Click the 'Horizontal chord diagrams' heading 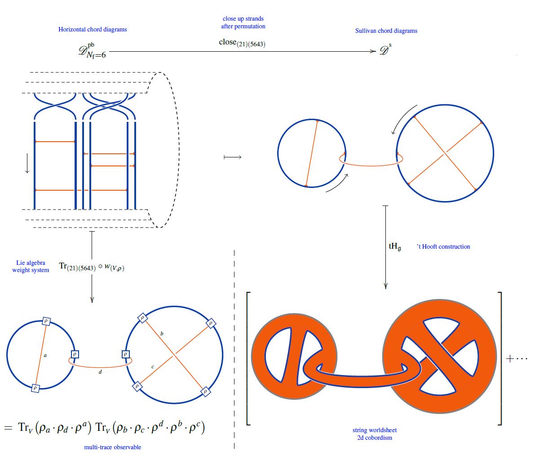[93, 29]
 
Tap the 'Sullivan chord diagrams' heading [386, 31]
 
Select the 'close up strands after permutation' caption [243, 22]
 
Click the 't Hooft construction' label [443, 246]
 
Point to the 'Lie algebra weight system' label [31, 266]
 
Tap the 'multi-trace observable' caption [113, 447]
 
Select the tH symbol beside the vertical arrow [395, 246]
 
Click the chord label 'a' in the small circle [45, 356]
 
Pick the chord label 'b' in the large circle [162, 334]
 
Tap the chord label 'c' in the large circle [153, 367]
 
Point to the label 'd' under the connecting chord [100, 371]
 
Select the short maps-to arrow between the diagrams [233, 157]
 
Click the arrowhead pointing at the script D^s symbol [373, 51]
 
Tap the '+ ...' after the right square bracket [517, 358]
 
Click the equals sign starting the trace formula [8, 428]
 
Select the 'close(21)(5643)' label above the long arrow [242, 43]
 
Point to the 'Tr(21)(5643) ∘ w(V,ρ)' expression [92, 267]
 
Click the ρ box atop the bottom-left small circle [46, 321]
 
